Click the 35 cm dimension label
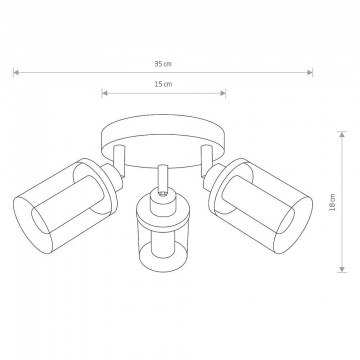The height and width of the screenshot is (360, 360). [x=163, y=64]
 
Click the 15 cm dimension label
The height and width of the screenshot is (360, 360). [x=163, y=84]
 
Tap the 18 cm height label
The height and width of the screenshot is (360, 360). [x=332, y=203]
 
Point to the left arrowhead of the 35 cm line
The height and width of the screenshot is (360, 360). [x=16, y=72]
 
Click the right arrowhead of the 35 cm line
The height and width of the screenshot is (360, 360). [x=310, y=72]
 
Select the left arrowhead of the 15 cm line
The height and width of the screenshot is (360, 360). [x=104, y=93]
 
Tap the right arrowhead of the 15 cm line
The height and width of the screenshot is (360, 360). [x=223, y=93]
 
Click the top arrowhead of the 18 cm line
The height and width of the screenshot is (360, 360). [x=342, y=134]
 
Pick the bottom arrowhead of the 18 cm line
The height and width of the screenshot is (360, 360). [x=342, y=269]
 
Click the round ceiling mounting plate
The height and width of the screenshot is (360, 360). [x=163, y=128]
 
